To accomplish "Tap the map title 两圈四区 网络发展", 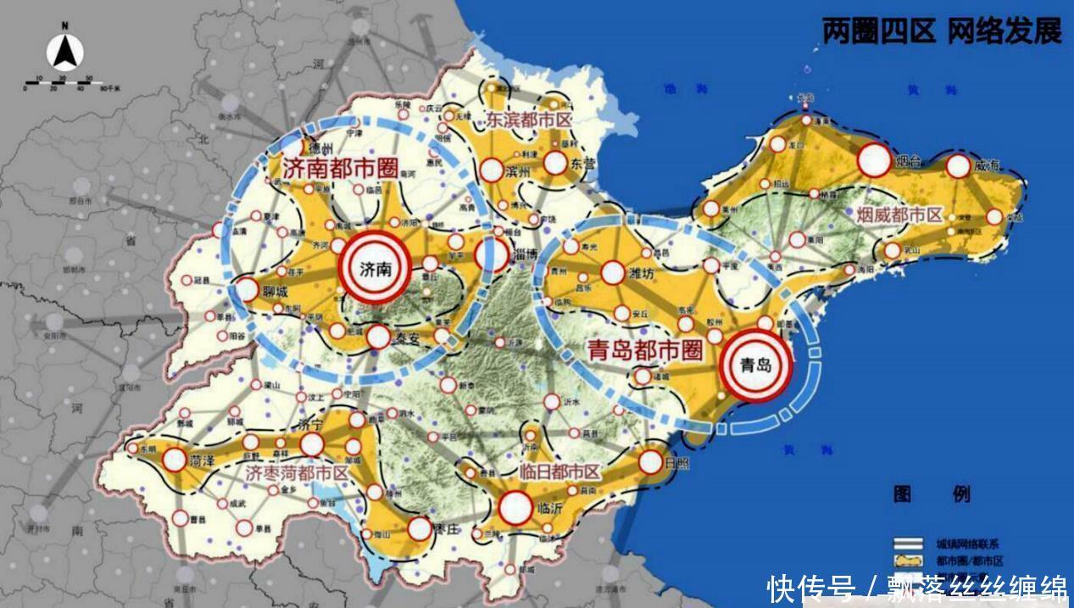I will pyautogui.click(x=942, y=31).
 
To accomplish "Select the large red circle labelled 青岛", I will pyautogui.click(x=756, y=365).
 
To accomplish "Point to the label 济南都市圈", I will pyautogui.click(x=341, y=168).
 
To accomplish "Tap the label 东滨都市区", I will pyautogui.click(x=528, y=120).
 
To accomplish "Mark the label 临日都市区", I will pyautogui.click(x=558, y=473).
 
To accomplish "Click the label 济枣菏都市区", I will pyautogui.click(x=297, y=473).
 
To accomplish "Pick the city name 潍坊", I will pyautogui.click(x=642, y=274).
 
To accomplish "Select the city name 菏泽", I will pyautogui.click(x=202, y=461).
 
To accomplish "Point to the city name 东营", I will pyautogui.click(x=584, y=162).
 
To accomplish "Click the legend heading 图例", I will pyautogui.click(x=931, y=494).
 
